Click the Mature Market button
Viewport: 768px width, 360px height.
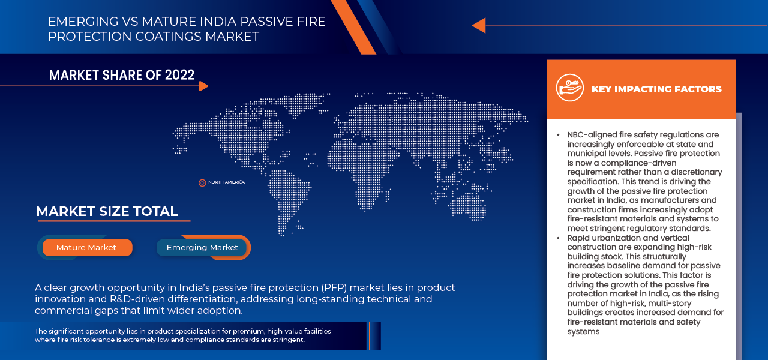pos(86,247)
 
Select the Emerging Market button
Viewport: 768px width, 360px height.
pos(202,247)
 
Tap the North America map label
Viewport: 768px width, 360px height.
pos(226,182)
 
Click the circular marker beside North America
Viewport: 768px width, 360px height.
pos(202,182)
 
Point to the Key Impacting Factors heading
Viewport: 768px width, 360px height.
pos(656,89)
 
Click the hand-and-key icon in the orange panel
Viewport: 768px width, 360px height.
pos(569,88)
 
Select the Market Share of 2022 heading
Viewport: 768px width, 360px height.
pos(122,75)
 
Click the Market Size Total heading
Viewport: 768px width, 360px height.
pos(107,211)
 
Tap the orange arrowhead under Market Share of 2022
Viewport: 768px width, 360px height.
pos(203,86)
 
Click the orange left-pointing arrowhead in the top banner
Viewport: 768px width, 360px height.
pos(478,25)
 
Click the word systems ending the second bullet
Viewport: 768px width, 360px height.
pos(583,331)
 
